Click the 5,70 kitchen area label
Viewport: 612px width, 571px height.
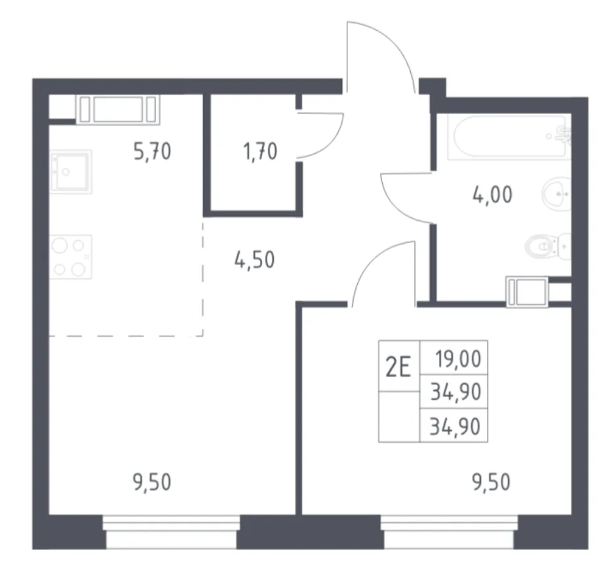coord(152,152)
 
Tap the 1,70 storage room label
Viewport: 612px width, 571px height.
coord(260,152)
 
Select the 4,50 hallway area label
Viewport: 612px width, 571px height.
coord(254,260)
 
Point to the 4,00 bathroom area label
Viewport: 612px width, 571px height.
coord(492,194)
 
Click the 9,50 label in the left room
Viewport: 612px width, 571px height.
coord(152,483)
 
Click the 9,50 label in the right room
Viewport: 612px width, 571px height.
coord(491,483)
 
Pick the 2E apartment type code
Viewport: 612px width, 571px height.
coord(398,368)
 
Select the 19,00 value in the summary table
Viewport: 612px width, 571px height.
coord(458,359)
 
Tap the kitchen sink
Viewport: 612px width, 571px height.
coord(71,172)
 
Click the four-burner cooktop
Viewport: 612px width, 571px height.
coord(71,257)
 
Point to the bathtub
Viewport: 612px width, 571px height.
coord(509,137)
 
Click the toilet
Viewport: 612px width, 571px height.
coord(548,246)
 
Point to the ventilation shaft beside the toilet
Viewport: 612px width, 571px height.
coord(527,291)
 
